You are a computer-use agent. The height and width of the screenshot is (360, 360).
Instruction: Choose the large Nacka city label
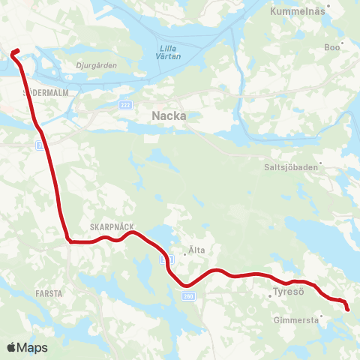[x=169, y=115]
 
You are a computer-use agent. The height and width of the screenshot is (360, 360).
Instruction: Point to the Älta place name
[x=196, y=250]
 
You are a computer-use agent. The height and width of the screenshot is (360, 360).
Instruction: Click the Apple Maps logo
[x=27, y=347]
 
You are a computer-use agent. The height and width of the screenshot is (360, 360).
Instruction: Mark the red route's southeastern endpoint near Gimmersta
[x=347, y=309]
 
